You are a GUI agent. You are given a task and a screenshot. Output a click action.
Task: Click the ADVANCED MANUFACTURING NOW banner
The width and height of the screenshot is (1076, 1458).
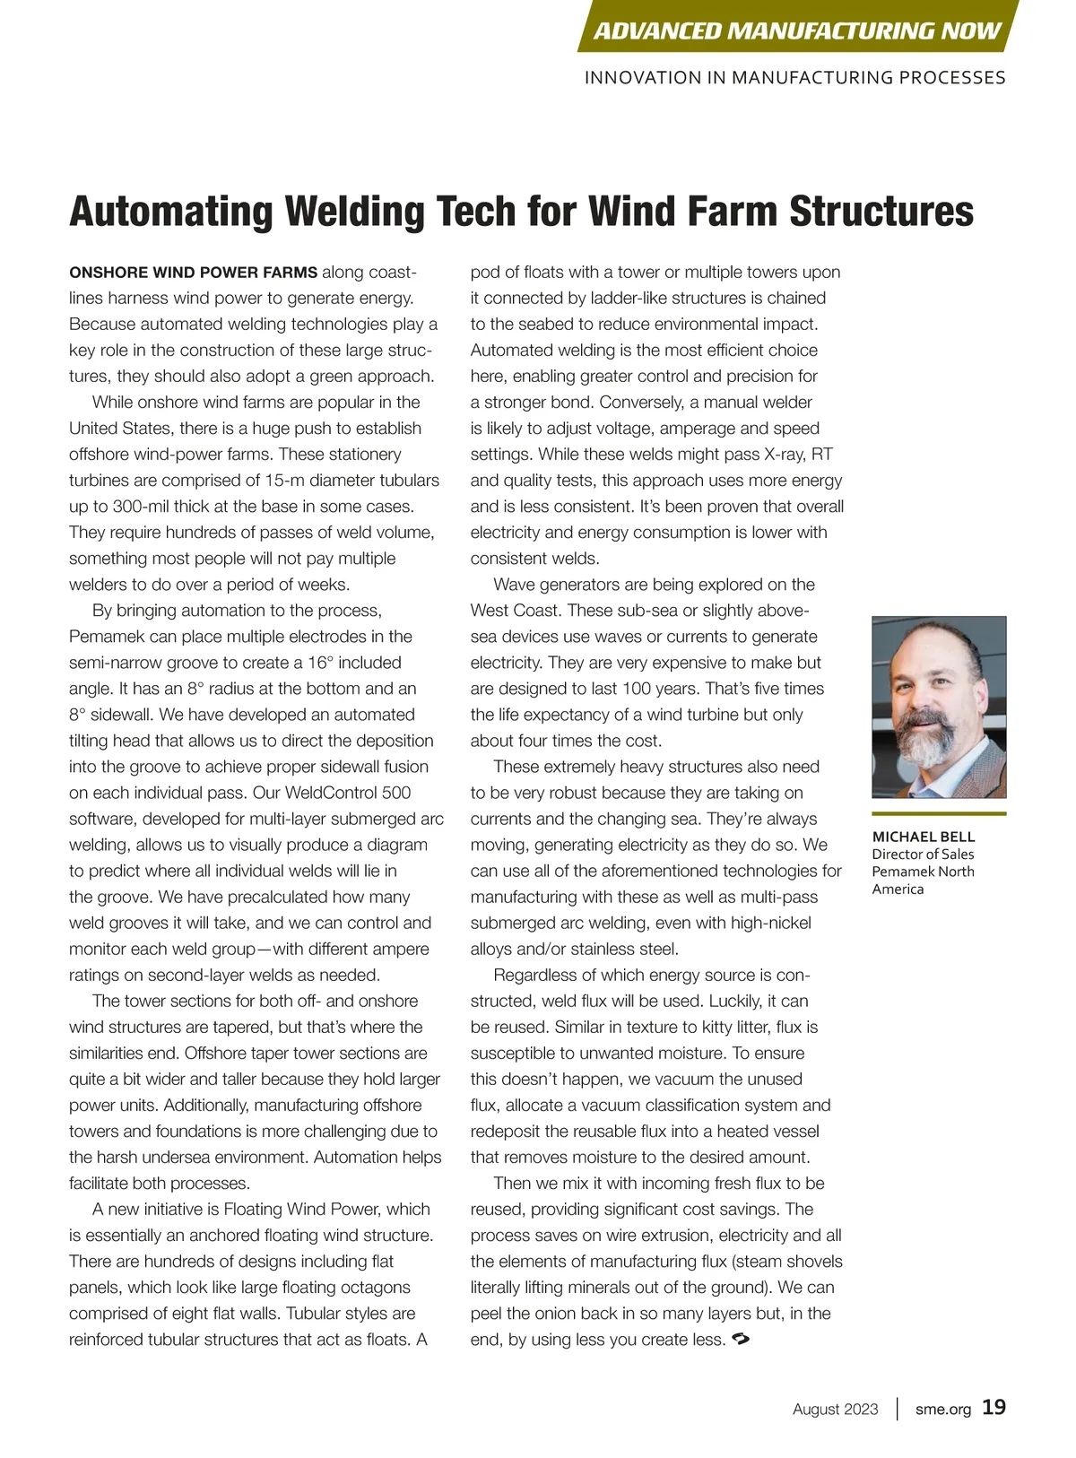tap(796, 30)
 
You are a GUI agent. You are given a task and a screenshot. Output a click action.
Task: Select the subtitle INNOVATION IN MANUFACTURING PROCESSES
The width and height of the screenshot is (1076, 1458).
tap(794, 78)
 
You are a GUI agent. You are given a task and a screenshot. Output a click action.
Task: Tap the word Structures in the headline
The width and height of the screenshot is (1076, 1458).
tap(881, 212)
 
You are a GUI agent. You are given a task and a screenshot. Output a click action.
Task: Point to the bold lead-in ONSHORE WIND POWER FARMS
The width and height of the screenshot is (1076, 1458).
tap(193, 273)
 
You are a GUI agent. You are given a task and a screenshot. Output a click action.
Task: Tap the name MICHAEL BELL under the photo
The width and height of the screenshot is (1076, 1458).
tap(923, 837)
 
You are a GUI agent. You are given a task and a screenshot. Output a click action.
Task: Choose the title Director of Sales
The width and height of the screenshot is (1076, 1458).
tap(923, 855)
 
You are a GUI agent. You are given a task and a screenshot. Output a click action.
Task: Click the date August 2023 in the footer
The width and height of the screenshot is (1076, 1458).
tap(835, 1409)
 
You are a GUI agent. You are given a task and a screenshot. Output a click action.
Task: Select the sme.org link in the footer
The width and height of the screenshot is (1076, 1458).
tap(942, 1409)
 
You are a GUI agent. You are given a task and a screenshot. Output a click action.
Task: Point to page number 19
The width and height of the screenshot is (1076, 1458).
tap(994, 1407)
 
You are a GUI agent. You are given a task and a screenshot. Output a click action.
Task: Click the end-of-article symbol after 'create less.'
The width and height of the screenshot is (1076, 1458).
tap(741, 1340)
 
